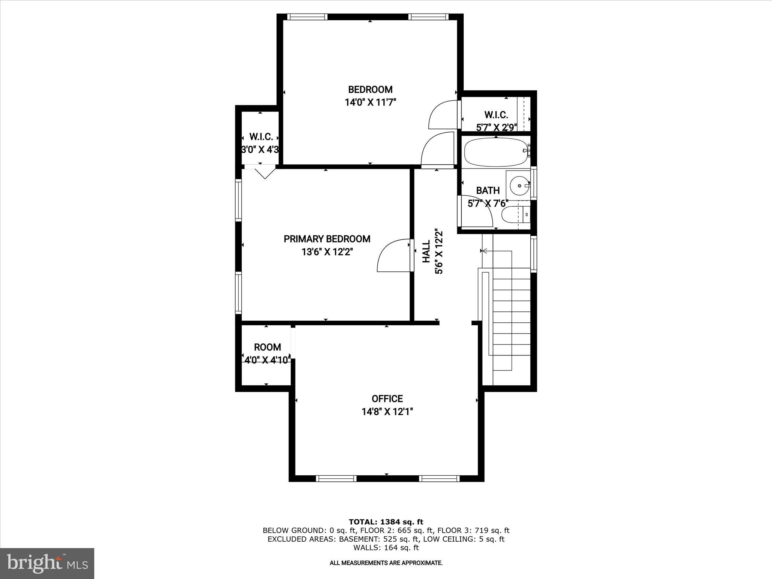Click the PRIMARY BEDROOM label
point(327,239)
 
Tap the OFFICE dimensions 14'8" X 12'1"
point(387,412)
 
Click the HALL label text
point(426,252)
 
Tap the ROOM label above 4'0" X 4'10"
point(267,347)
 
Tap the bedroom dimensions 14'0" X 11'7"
point(370,102)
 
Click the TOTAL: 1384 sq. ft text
point(386,522)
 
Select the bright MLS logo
point(47,563)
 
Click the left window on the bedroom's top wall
point(307,17)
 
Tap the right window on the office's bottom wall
point(439,479)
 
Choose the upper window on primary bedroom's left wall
point(238,200)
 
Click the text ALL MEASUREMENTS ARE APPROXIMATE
point(386,563)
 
